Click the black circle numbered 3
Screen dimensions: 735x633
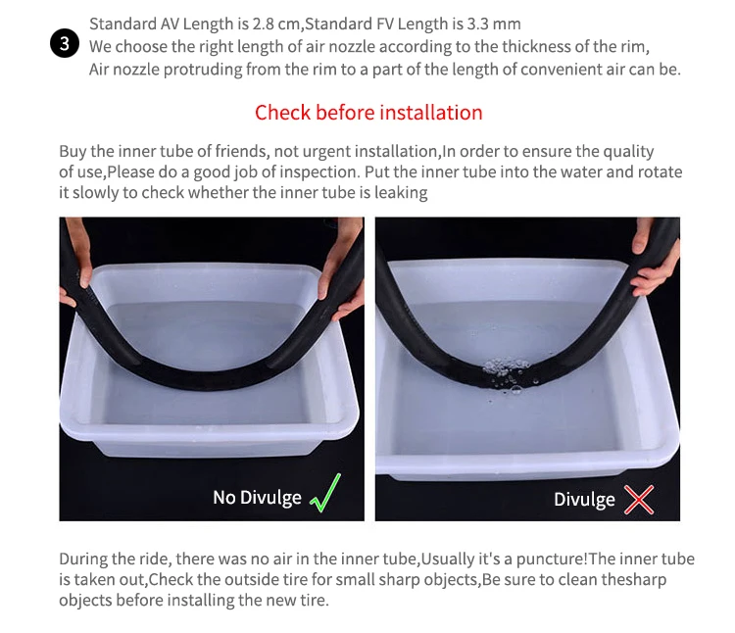tap(65, 43)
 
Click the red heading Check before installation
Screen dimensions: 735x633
tap(368, 113)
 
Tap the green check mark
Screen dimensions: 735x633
tap(325, 493)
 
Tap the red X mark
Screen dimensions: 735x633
tap(639, 500)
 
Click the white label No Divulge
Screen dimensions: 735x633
tap(257, 498)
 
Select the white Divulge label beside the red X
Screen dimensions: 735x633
tap(584, 500)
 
